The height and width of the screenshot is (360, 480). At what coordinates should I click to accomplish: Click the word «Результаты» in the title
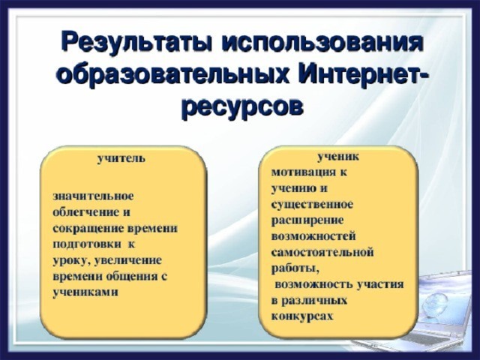click(x=137, y=44)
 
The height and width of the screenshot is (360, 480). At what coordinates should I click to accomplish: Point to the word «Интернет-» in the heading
click(x=362, y=75)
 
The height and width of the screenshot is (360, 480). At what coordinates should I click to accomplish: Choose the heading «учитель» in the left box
click(x=121, y=159)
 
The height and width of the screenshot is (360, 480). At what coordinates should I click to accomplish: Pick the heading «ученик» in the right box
click(x=338, y=157)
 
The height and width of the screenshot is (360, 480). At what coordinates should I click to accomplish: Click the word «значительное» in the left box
click(x=93, y=196)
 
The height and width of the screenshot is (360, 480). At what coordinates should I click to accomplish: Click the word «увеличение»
click(x=127, y=261)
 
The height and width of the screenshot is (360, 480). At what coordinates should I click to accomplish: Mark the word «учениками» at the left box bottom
click(x=85, y=292)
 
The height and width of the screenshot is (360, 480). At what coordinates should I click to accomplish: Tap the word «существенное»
click(x=312, y=205)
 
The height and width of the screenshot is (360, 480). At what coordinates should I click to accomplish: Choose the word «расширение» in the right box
click(x=307, y=220)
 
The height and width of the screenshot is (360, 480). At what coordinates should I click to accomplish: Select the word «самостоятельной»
click(x=322, y=253)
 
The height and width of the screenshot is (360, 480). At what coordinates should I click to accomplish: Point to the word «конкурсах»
click(x=301, y=316)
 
